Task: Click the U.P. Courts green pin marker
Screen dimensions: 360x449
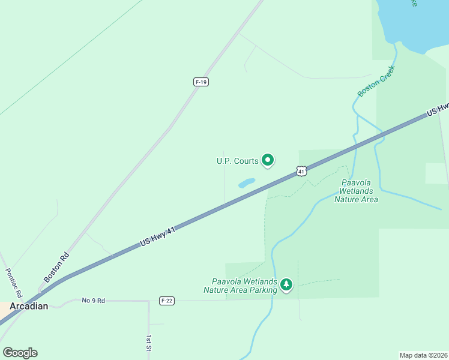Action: point(268,160)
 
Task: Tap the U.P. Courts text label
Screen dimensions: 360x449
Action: point(238,161)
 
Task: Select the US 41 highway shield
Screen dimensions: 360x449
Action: point(301,172)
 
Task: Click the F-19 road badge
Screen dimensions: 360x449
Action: point(201,82)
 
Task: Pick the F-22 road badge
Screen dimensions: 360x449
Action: point(167,301)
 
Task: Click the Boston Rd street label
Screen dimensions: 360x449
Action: point(56,266)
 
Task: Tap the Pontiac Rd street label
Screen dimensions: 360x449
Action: point(14,283)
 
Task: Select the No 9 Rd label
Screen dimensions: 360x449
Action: point(93,300)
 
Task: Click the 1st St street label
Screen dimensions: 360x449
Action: point(149,343)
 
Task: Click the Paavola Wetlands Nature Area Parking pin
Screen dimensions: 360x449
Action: point(286,284)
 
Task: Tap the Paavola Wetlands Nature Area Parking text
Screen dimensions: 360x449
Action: point(244,286)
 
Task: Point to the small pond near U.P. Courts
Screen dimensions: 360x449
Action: point(247,182)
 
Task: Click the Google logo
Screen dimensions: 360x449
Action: point(20,352)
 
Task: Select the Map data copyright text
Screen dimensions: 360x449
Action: point(423,355)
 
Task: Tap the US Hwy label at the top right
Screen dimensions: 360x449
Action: point(438,109)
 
